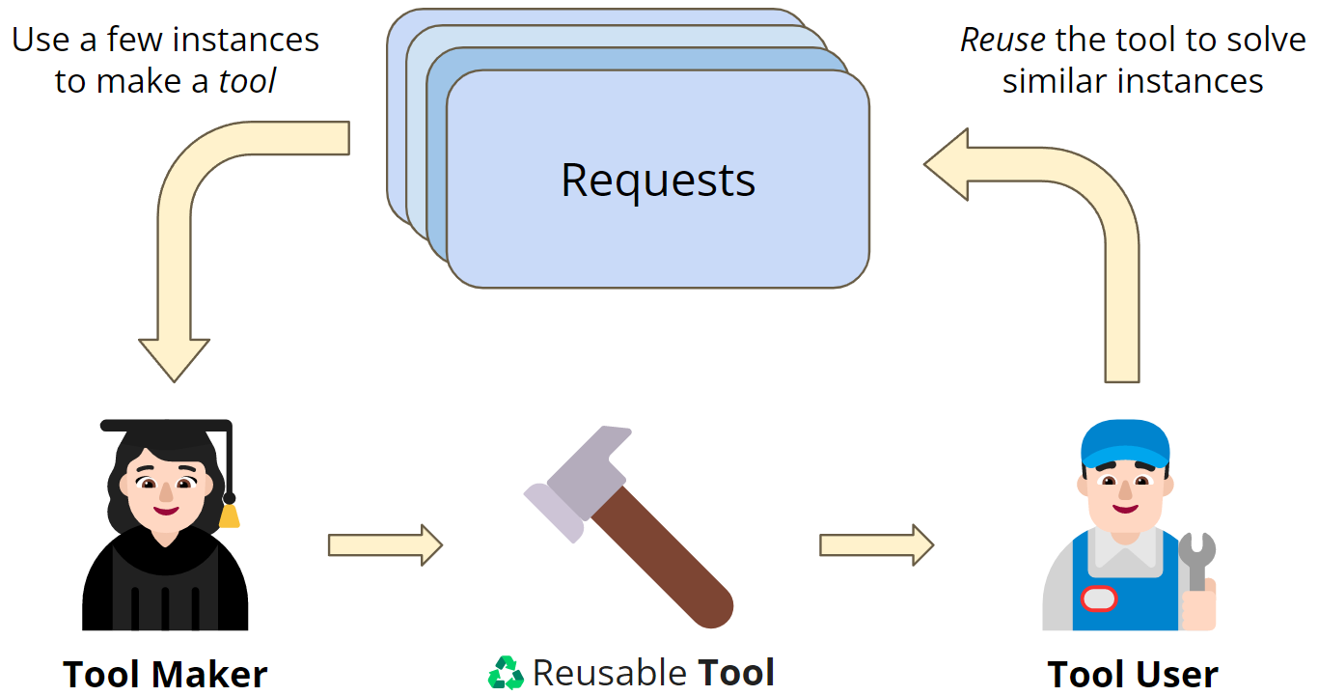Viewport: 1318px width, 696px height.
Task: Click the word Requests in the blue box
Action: coord(658,181)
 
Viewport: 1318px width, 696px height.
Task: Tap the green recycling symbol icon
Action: coord(506,673)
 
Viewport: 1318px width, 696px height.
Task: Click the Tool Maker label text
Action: coord(165,674)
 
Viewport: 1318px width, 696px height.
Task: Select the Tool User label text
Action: coord(1133,674)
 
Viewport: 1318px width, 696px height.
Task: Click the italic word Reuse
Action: coord(1002,41)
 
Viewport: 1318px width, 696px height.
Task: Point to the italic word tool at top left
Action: coord(247,81)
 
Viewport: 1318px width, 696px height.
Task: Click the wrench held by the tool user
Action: coord(1196,560)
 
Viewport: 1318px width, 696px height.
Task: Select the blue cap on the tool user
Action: coord(1124,442)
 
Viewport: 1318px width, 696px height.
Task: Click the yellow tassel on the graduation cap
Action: coord(230,515)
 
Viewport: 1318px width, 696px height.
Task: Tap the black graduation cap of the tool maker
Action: coord(166,429)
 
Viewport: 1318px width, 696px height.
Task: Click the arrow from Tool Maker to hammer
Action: coord(384,545)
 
